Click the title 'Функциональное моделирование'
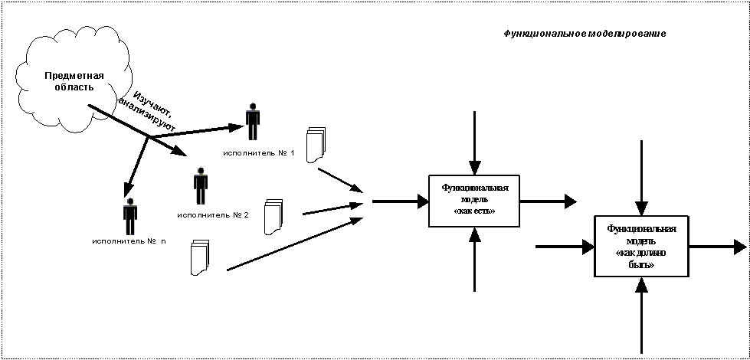(585, 34)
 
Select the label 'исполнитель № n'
(127, 241)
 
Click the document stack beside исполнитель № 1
(315, 145)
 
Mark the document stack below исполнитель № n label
(199, 258)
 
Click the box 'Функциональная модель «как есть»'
(473, 201)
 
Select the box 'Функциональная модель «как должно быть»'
(641, 247)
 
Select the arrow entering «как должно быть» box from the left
(565, 247)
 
